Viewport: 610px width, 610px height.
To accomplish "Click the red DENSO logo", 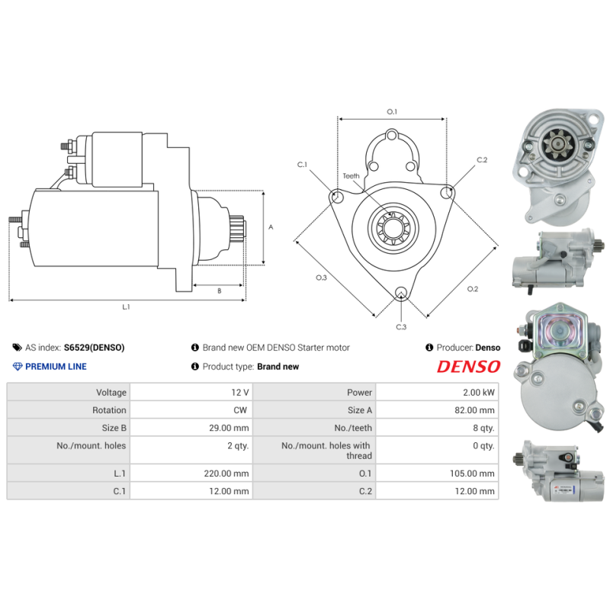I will (468, 367).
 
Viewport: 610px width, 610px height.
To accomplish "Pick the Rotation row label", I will (110, 410).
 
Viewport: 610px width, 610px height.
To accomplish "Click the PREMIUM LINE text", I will (56, 367).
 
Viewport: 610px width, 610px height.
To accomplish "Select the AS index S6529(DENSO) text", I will (94, 348).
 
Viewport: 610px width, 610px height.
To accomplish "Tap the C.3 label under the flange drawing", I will (401, 327).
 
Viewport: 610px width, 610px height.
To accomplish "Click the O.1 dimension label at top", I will (392, 112).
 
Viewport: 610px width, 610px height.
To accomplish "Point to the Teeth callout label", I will (351, 176).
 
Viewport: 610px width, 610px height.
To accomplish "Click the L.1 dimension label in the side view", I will (126, 307).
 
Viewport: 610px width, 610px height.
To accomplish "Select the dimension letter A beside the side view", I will (271, 227).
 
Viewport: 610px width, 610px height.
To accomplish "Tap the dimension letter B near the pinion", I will (219, 291).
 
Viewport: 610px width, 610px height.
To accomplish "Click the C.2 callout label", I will (482, 160).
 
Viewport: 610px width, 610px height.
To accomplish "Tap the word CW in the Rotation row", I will (241, 410).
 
